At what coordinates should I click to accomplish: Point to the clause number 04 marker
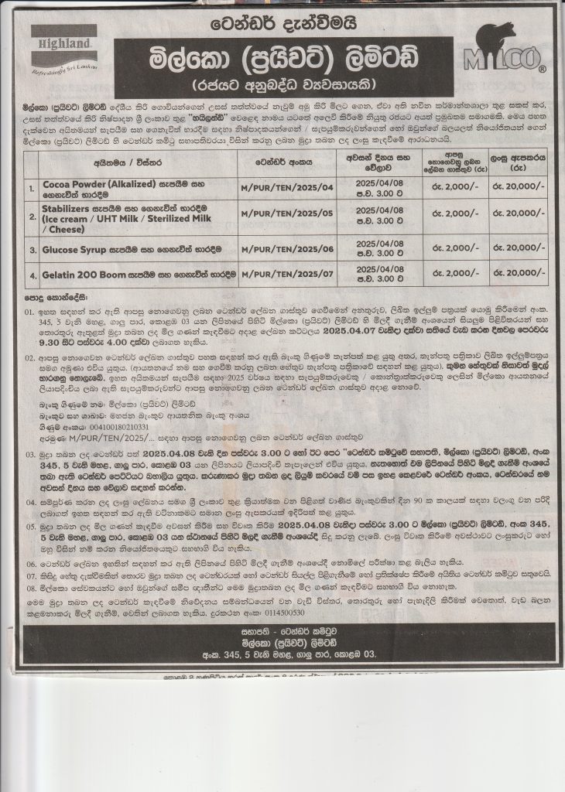point(29,500)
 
